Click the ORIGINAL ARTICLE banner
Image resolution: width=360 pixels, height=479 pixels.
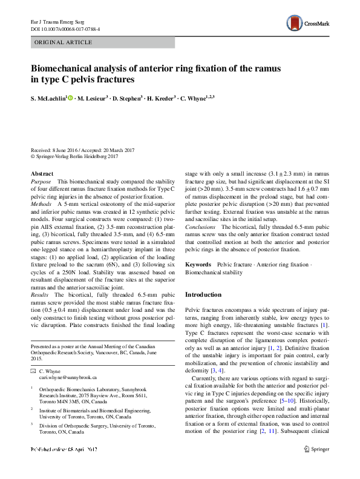(x=64, y=42)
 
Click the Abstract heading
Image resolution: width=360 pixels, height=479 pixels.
(x=42, y=173)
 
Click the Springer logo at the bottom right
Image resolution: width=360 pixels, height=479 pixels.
(x=317, y=466)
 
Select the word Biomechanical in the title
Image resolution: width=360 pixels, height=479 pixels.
(x=66, y=69)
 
